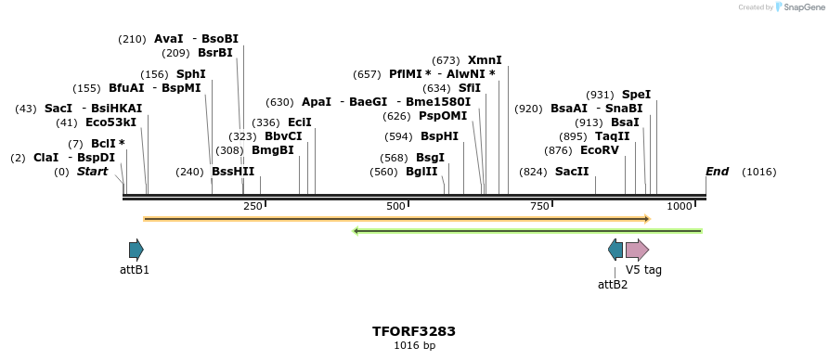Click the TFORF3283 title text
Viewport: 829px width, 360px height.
(x=413, y=331)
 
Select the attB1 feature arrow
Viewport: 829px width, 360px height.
(x=136, y=249)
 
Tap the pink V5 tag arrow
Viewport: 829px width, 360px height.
(x=637, y=249)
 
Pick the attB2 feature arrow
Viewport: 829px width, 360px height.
(x=615, y=249)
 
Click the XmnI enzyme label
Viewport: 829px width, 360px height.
(x=485, y=60)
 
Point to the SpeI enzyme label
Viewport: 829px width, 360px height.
(x=636, y=95)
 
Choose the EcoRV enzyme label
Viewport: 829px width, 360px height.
(x=599, y=150)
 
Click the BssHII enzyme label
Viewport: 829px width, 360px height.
(x=232, y=172)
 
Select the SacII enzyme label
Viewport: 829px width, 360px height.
(x=572, y=172)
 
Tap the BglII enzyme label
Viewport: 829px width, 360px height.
(x=421, y=172)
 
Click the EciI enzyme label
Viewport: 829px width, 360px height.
(x=300, y=122)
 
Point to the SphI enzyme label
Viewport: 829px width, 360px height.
(x=190, y=74)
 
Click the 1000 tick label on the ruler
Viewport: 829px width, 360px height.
(x=680, y=206)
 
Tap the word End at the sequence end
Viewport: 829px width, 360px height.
(x=717, y=172)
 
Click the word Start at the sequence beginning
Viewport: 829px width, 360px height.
(x=92, y=172)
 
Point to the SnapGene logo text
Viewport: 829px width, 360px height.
(x=804, y=7)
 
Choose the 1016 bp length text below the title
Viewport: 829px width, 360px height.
(x=414, y=346)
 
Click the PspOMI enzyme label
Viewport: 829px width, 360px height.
(x=443, y=116)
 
